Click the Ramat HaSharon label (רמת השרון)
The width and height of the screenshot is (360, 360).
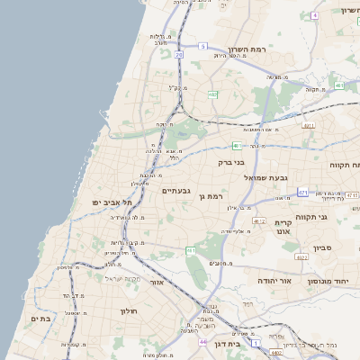(x=249, y=49)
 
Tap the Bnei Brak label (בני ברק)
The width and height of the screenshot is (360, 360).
(x=232, y=163)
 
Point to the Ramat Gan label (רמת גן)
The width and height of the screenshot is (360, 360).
(x=211, y=195)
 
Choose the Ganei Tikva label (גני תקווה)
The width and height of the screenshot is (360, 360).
(x=336, y=216)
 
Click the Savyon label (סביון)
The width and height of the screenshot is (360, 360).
(x=323, y=247)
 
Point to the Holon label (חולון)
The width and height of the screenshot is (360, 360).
(x=126, y=310)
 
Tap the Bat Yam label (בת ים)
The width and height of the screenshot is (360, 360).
(x=39, y=318)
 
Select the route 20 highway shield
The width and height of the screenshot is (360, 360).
(x=178, y=56)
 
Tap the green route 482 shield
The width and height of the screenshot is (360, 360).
(x=212, y=94)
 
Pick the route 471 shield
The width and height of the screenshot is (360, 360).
(x=303, y=192)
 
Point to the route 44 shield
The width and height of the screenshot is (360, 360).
(x=203, y=342)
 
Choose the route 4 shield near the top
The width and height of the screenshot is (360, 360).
(x=314, y=15)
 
